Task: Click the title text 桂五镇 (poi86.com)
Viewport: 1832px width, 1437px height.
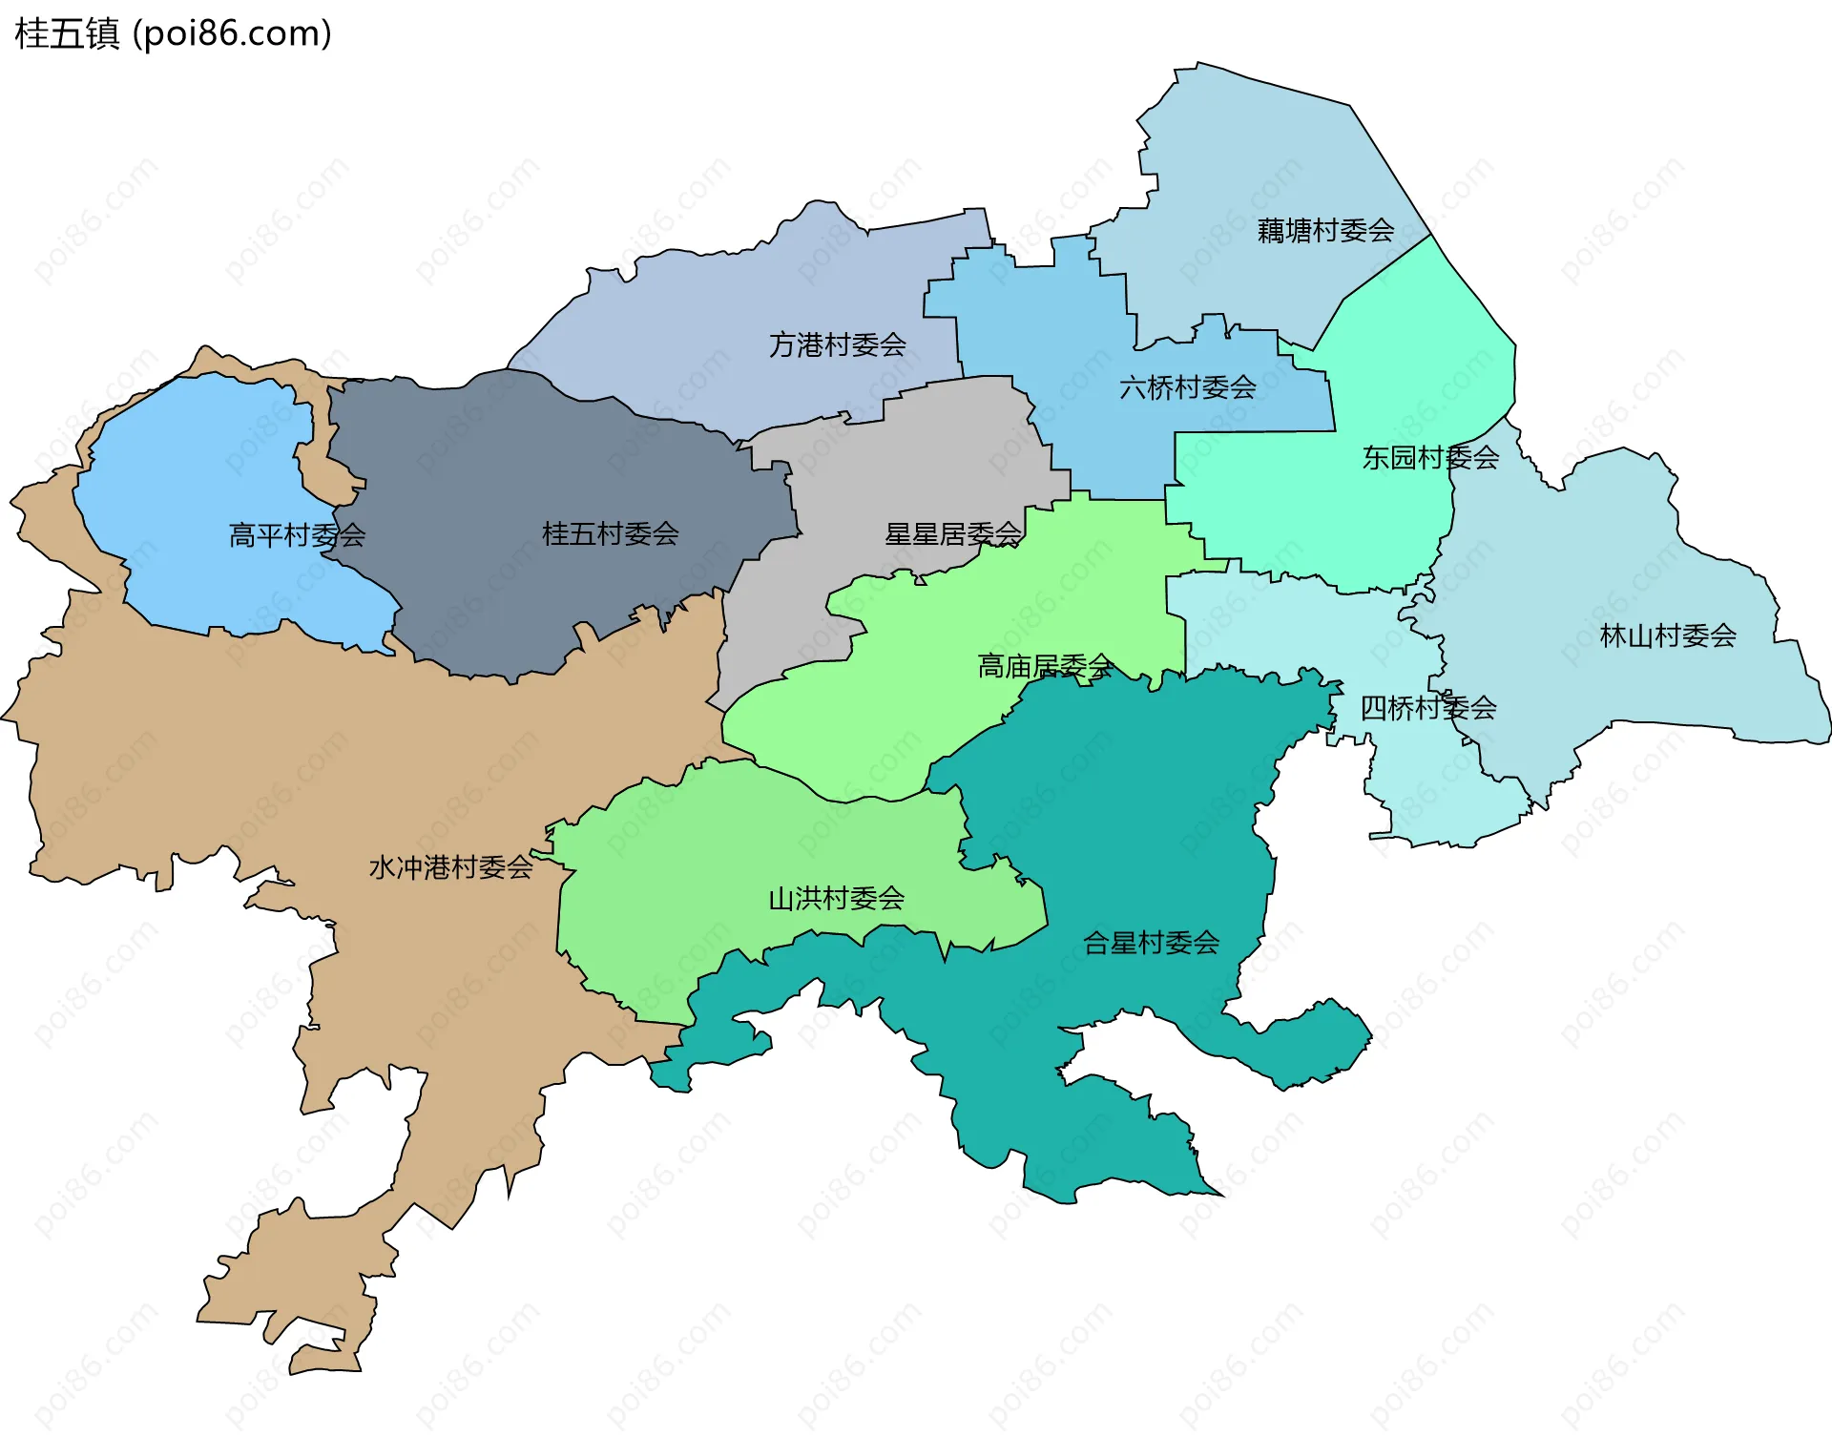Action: [x=173, y=34]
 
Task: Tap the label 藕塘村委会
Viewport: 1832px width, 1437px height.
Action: [x=1325, y=231]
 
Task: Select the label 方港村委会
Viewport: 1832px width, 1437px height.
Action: [x=837, y=344]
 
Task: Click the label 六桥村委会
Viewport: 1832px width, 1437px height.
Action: [x=1187, y=387]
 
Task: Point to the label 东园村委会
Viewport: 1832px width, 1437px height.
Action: [x=1429, y=458]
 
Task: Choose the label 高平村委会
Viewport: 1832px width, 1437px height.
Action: [x=297, y=535]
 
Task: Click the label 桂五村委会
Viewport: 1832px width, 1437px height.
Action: [x=610, y=533]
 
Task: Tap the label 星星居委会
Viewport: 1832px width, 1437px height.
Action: [x=952, y=534]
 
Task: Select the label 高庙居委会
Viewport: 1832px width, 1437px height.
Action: [x=1045, y=666]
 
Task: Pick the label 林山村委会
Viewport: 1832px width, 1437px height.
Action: [x=1667, y=635]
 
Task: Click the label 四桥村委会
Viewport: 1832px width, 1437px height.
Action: [x=1427, y=708]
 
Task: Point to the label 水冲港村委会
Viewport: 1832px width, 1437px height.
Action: [x=450, y=867]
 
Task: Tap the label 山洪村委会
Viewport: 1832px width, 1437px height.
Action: [x=836, y=898]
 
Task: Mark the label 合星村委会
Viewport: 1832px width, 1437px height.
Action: [x=1151, y=943]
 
